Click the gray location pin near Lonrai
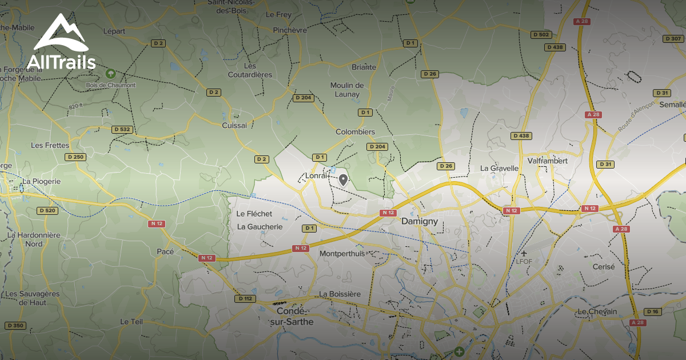[x=343, y=180]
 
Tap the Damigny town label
[x=419, y=221]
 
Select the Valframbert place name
[x=547, y=161]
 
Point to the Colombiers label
[x=355, y=132]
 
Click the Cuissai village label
[x=234, y=125]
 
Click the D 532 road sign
[x=121, y=129]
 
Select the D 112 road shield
[x=245, y=299]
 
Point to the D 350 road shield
[x=15, y=326]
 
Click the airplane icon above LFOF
[x=524, y=253]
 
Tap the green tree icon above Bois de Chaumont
[x=110, y=74]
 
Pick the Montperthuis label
[x=342, y=253]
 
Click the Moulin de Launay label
[x=346, y=90]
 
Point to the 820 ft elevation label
[x=76, y=106]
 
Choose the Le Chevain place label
[x=597, y=311]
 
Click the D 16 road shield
[x=652, y=311]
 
